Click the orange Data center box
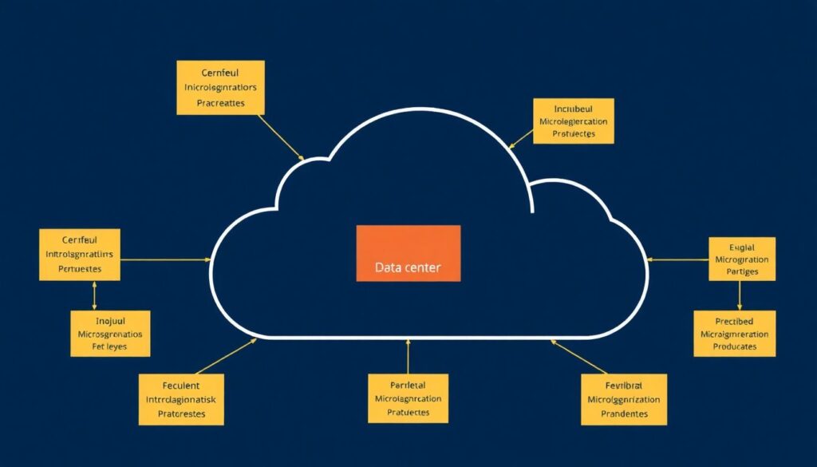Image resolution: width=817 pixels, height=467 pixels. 408,253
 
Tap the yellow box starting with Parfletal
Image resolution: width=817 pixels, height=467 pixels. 408,398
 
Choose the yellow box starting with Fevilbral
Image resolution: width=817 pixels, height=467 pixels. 623,399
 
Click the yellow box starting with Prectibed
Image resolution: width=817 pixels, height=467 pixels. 735,333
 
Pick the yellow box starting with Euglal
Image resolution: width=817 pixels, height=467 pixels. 742,258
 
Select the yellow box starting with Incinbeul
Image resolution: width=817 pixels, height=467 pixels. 572,121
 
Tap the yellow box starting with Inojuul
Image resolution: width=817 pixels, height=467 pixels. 111,332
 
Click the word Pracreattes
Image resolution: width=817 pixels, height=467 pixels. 219,104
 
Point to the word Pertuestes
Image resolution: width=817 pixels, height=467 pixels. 80,269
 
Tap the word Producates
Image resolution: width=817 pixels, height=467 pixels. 735,347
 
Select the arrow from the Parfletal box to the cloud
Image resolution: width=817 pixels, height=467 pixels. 408,356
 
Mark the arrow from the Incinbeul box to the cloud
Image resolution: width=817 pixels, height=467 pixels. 521,137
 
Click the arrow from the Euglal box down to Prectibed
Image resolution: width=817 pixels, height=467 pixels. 740,295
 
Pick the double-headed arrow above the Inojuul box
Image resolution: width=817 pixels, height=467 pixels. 95,295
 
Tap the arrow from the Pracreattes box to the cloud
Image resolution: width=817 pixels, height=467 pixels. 281,136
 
